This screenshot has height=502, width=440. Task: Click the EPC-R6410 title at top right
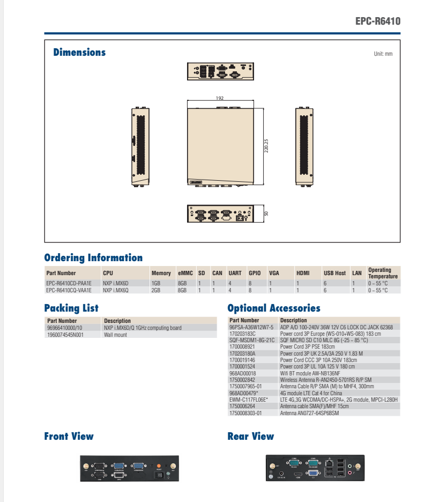(x=377, y=22)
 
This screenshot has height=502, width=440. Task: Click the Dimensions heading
(x=79, y=53)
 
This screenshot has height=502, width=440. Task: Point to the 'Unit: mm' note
(x=383, y=54)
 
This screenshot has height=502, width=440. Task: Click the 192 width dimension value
(x=219, y=98)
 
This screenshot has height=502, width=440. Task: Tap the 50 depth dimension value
(x=266, y=213)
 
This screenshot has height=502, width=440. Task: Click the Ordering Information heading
(x=93, y=258)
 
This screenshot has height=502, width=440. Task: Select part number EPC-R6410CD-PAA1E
(x=69, y=283)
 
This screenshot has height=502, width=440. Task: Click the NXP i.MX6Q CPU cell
(x=116, y=290)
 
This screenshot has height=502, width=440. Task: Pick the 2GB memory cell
(x=156, y=290)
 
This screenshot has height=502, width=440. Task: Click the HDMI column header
(x=303, y=273)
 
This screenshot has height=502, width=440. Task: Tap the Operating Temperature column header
(x=383, y=273)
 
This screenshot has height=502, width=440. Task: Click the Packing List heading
(x=71, y=308)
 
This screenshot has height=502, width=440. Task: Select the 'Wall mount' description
(x=115, y=335)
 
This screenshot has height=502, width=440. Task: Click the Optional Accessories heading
(x=274, y=308)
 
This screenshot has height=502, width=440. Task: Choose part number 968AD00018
(x=242, y=373)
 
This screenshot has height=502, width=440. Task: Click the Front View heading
(x=69, y=437)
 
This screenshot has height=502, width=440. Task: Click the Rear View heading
(x=250, y=437)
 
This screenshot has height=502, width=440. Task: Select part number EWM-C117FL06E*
(x=248, y=400)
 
